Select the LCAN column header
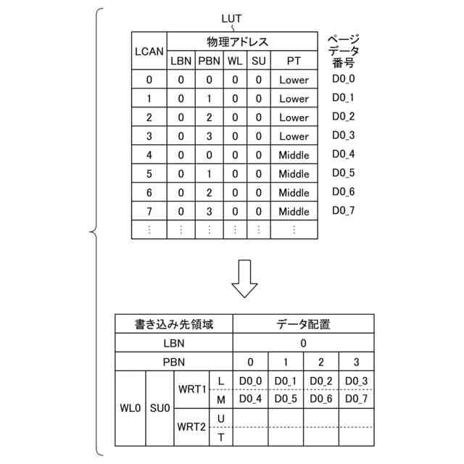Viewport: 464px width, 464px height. tap(149, 51)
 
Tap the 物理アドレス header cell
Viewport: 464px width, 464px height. tap(242, 42)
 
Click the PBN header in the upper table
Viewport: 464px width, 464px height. tap(209, 61)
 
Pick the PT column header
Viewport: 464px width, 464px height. tap(294, 61)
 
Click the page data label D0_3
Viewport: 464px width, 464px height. tap(344, 135)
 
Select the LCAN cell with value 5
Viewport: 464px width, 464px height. tap(149, 174)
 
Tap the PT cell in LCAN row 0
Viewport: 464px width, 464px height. tap(294, 80)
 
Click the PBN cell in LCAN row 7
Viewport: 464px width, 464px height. tap(209, 212)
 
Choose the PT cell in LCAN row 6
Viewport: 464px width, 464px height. tap(294, 193)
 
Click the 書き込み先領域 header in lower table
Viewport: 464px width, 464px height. tap(174, 325)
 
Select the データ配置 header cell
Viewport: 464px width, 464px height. tap(304, 325)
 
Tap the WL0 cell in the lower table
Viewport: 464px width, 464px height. tap(130, 408)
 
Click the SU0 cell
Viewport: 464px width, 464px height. tap(159, 408)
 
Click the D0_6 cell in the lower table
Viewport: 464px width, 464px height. tap(322, 399)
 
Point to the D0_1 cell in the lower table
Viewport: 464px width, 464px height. tap(286, 381)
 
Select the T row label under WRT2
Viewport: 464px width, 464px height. tap(220, 436)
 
